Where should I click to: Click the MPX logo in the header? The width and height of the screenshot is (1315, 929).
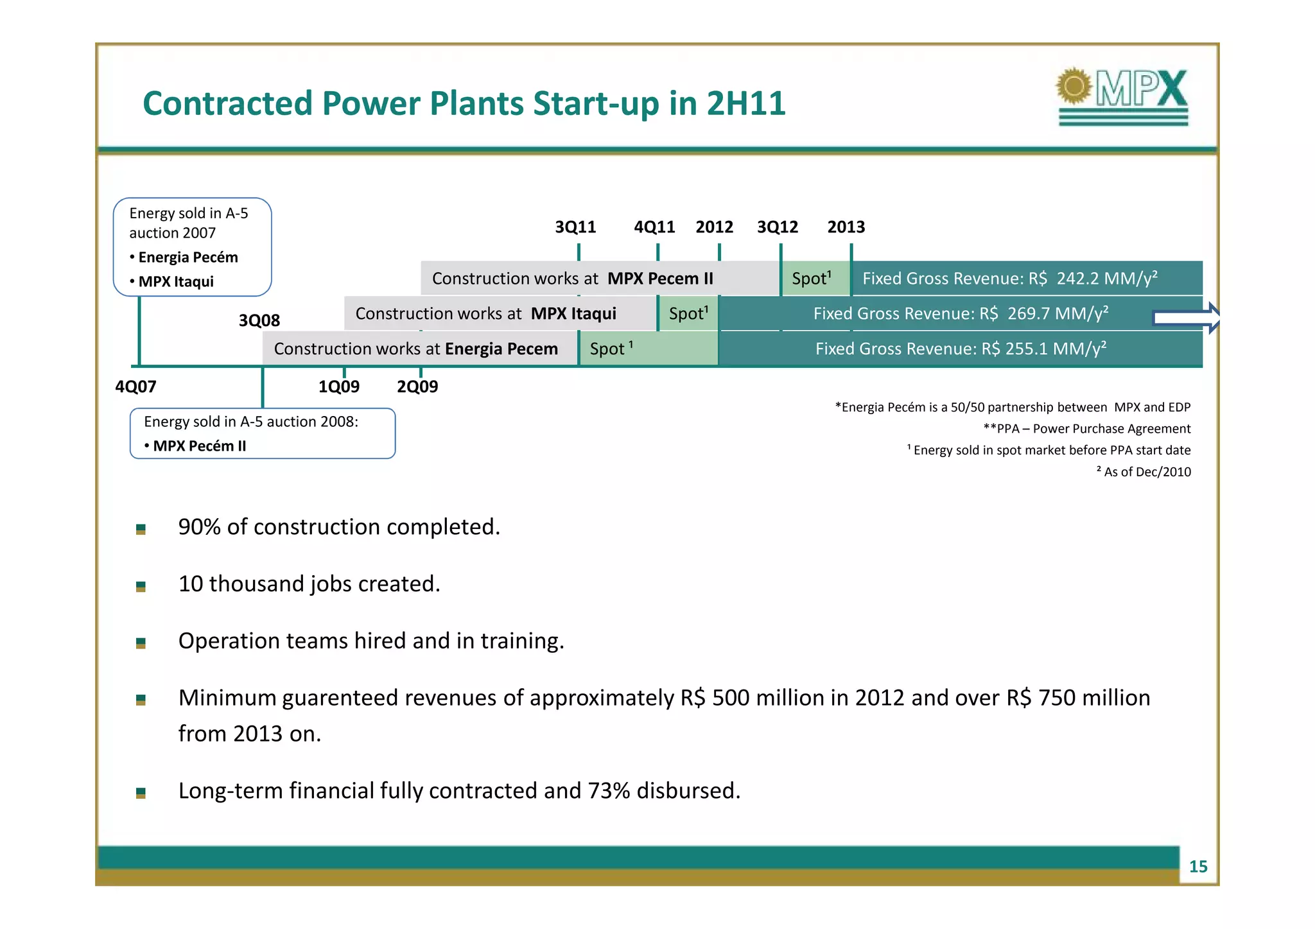[1123, 96]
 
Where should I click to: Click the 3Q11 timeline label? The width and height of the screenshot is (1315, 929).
[575, 227]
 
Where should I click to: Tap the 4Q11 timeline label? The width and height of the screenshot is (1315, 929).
[654, 227]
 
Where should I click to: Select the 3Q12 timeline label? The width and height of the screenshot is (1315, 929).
[777, 227]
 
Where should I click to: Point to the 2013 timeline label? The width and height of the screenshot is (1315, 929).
[846, 227]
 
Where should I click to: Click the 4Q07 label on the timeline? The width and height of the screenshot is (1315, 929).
[135, 386]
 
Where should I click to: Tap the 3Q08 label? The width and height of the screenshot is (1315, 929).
[259, 320]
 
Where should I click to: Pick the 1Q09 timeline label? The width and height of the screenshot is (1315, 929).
[339, 386]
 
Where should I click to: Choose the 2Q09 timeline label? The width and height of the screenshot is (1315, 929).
[417, 386]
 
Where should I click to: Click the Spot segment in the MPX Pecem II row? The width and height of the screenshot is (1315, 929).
[813, 279]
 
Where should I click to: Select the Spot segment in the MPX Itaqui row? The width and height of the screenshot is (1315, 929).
[688, 314]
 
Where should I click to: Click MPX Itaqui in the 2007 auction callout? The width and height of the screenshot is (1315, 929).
[176, 282]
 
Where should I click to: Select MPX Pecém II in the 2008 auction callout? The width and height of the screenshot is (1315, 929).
[199, 446]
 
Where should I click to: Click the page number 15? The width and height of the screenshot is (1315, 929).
[1197, 867]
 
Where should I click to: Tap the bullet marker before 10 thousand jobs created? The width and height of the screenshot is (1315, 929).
[141, 586]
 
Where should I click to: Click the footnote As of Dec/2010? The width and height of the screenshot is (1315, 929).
[1146, 472]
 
